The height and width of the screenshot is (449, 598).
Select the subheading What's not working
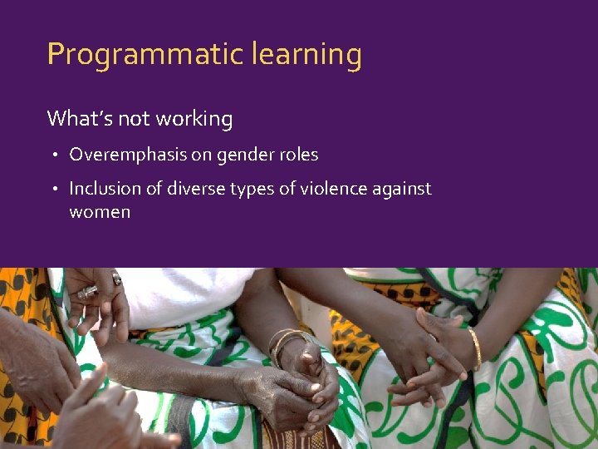140,119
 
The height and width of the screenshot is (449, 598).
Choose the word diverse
199,189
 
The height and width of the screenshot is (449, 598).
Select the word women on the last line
100,212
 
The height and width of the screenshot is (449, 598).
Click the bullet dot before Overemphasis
55,155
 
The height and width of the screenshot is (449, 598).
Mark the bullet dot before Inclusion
55,190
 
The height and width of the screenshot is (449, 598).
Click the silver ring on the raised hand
88,291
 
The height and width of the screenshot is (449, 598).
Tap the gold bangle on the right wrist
475,348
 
